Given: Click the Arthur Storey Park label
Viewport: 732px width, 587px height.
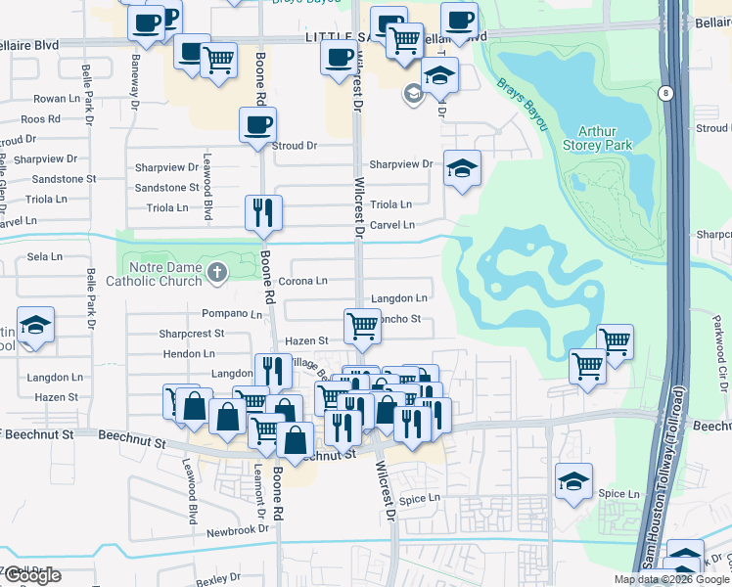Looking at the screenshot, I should [x=605, y=138].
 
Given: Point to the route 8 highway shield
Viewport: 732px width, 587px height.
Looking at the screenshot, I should [x=666, y=93].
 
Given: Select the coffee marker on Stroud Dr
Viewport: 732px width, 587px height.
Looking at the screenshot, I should [x=258, y=126].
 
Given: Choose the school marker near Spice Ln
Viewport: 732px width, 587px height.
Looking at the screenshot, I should [x=573, y=481].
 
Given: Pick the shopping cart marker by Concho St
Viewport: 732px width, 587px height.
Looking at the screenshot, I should [x=362, y=327].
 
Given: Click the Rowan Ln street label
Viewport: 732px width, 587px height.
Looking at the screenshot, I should [x=56, y=99].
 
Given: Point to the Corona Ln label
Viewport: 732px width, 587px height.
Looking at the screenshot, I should [x=301, y=281].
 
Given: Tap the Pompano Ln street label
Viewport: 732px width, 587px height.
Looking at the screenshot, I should [x=232, y=314].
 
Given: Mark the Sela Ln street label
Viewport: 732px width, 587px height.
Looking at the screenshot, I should [x=45, y=256].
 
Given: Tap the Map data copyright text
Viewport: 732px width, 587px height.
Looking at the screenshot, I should [x=670, y=578].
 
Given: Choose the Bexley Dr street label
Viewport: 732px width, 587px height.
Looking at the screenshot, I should [x=218, y=579].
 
